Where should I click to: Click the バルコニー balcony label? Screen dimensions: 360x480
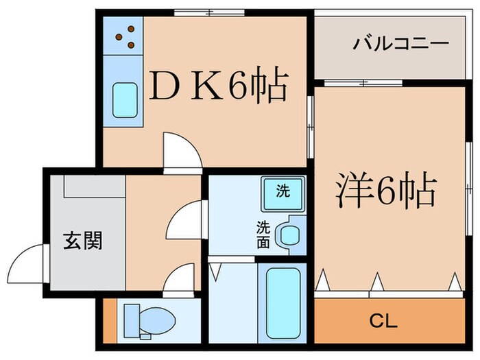(400, 45)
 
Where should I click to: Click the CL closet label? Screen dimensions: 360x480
(383, 320)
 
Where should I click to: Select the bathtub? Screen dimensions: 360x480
(283, 302)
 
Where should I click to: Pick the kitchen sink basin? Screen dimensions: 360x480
(124, 100)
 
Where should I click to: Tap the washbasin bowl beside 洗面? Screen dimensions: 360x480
(289, 235)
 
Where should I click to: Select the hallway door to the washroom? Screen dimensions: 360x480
(184, 219)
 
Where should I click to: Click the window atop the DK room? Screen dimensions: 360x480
(208, 12)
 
